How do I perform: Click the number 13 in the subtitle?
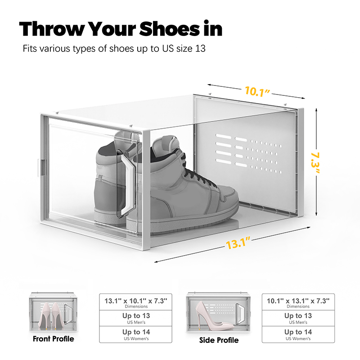pos(200,49)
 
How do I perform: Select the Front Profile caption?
pos(53,339)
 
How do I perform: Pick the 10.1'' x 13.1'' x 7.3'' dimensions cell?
pos(298,302)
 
